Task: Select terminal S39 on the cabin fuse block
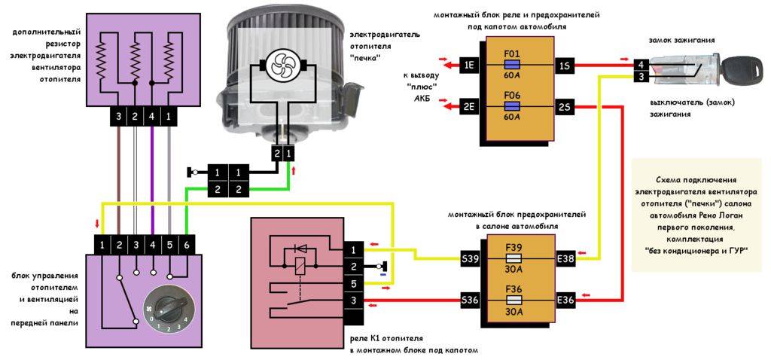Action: [471, 259]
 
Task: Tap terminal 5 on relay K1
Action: [352, 284]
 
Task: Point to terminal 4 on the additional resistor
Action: [152, 117]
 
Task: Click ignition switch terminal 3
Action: [639, 77]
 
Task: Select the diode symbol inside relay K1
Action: [299, 248]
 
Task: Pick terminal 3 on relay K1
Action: [352, 301]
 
